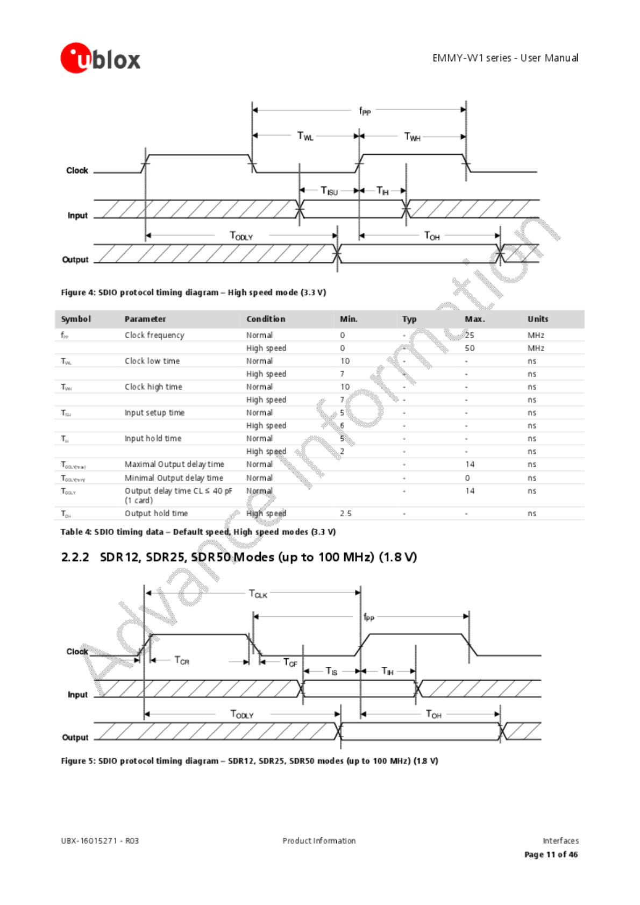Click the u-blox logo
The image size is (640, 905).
click(100, 58)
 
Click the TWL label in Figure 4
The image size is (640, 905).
click(305, 136)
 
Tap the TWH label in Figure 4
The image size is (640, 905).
click(412, 137)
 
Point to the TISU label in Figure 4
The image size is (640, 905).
click(329, 191)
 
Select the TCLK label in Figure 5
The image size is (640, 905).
click(258, 594)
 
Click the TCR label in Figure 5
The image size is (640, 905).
click(182, 660)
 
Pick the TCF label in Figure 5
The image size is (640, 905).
click(290, 662)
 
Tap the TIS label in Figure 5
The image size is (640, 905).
click(331, 671)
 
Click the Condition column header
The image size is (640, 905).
click(266, 319)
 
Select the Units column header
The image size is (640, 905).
click(538, 319)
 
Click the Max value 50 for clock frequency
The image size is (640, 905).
click(470, 348)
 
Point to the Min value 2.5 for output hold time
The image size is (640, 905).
click(345, 514)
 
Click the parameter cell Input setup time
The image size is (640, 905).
click(154, 412)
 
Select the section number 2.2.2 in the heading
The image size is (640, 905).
click(75, 557)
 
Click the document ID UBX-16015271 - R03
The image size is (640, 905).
click(99, 840)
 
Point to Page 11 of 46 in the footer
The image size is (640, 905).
click(551, 854)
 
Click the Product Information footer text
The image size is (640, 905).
click(319, 840)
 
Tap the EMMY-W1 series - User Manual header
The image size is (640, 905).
click(505, 58)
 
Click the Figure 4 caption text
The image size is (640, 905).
click(193, 293)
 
